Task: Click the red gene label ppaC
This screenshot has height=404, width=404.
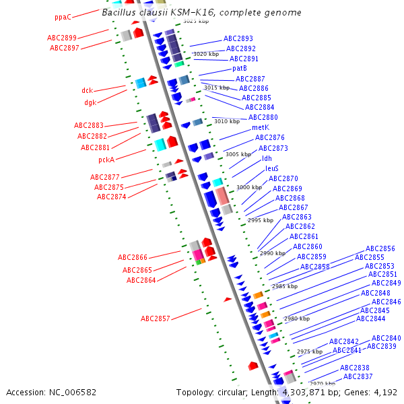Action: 63,17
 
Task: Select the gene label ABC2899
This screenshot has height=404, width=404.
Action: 62,38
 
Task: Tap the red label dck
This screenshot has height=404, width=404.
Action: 88,90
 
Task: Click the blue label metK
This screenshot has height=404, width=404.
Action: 261,127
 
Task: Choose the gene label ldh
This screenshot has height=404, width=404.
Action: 267,158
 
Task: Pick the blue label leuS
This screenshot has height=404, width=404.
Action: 272,168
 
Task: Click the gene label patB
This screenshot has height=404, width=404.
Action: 240,68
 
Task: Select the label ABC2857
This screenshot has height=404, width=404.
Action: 156,318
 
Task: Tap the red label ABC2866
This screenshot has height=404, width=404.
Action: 133,257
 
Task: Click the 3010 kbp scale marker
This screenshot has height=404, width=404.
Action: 227,121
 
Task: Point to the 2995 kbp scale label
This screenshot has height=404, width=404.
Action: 261,220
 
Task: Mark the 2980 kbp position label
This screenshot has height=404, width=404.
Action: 297,318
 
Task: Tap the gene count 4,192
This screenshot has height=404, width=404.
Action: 384,392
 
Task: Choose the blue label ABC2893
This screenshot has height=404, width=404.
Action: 238,39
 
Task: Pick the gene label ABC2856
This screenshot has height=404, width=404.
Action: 380,248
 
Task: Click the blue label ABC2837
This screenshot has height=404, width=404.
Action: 358,376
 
